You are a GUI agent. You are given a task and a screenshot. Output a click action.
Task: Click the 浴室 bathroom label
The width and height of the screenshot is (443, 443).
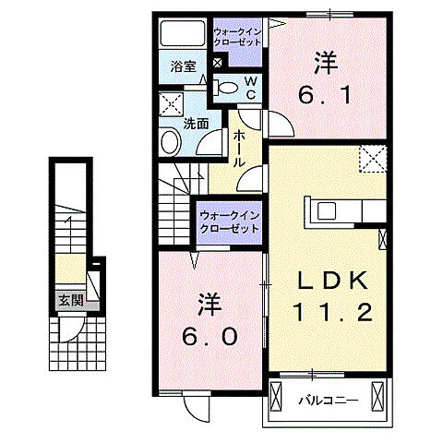tap(184, 66)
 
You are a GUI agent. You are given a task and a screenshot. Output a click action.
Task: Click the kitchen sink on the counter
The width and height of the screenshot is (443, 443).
tap(329, 210)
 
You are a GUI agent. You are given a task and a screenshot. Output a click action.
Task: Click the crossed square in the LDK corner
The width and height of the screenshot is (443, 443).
tap(371, 158)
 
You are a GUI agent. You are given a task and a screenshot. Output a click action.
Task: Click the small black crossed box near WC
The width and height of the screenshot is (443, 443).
tap(218, 63)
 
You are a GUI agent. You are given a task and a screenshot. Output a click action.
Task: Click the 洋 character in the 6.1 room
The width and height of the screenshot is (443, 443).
tap(322, 63)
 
